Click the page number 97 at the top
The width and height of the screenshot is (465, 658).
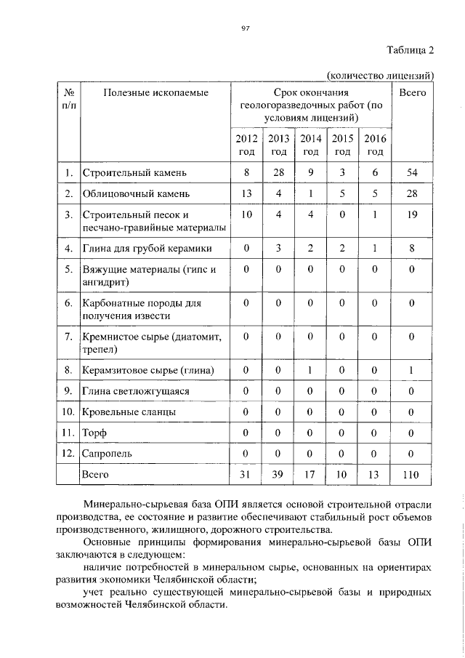245,28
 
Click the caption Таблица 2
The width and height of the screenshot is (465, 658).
409,50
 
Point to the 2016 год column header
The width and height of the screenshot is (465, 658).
376,145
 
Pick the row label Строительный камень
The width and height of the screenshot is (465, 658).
136,173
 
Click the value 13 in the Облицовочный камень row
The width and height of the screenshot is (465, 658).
247,194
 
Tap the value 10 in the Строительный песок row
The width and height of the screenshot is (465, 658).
247,215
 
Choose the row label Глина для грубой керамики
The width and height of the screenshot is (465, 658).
147,249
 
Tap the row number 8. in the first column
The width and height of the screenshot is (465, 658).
68,371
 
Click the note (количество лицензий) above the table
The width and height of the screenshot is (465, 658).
380,75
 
